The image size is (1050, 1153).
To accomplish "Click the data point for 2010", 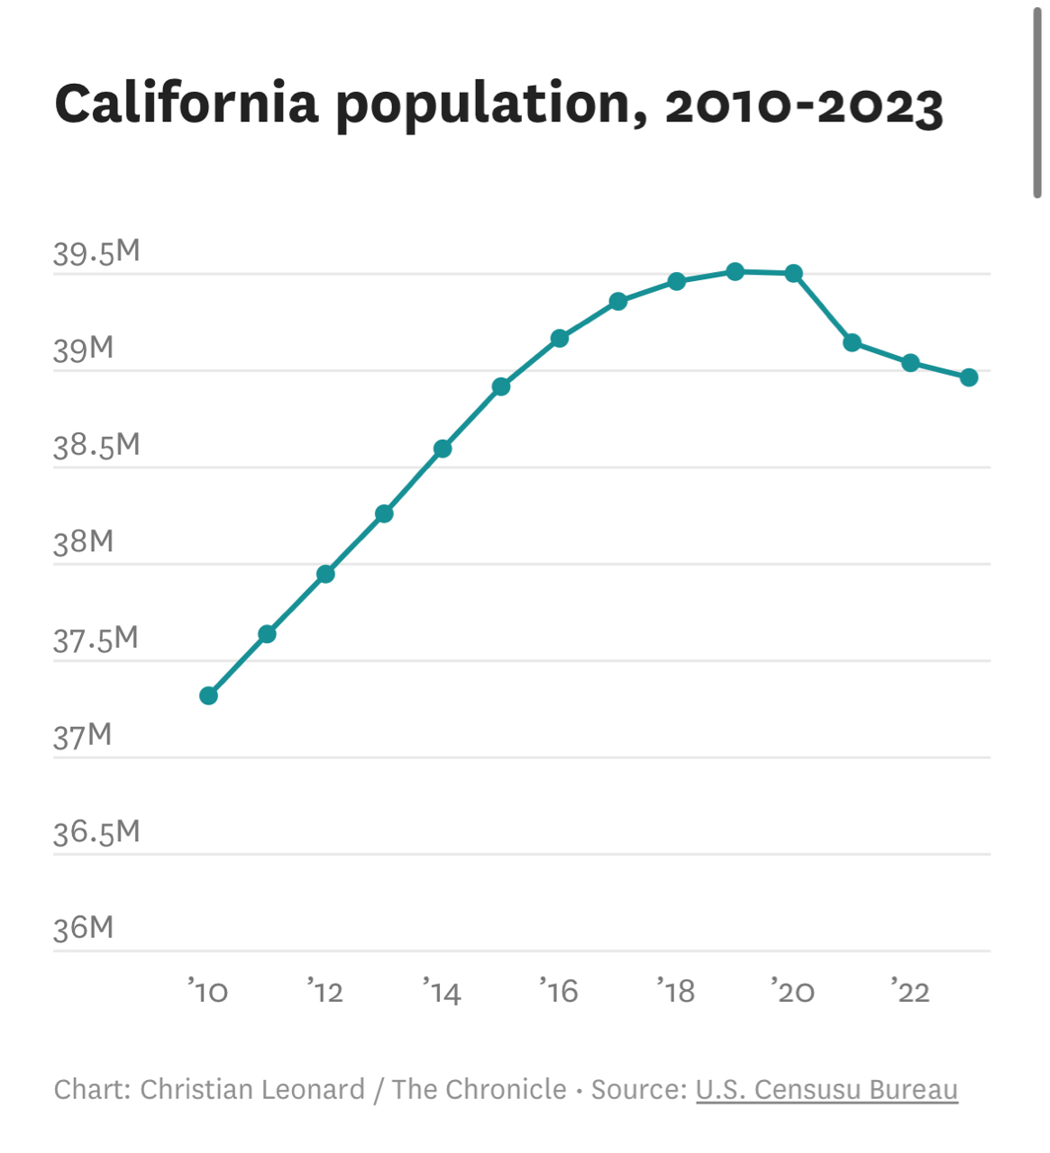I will point(208,695).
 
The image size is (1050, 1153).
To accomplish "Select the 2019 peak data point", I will point(735,271).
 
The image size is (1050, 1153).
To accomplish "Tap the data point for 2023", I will point(969,377).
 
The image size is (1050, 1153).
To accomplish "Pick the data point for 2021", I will point(852,342).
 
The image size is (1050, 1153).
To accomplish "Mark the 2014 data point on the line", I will point(443,449).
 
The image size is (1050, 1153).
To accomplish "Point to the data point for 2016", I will point(560,339).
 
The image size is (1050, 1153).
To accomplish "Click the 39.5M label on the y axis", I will point(96,253).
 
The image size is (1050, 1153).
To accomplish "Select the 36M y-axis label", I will point(83,929).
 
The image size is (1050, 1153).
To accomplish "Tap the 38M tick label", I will point(83,542).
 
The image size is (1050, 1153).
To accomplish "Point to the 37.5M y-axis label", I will point(96,640).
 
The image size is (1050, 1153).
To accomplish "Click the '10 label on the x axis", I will point(208,992).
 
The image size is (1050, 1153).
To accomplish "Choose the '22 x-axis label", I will point(910,992).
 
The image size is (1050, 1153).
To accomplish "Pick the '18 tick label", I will point(676,992).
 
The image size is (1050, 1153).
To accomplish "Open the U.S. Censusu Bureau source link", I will point(826,1089).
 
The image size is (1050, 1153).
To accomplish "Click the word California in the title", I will point(187,104).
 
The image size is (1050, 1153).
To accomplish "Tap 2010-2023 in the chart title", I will point(804,105).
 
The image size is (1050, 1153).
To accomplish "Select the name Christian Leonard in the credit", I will point(252,1089).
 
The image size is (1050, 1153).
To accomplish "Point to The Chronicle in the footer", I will point(479,1089).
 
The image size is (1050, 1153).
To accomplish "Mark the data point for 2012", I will point(325,574).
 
